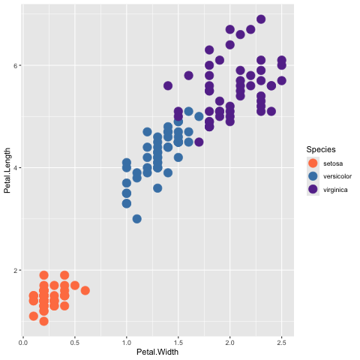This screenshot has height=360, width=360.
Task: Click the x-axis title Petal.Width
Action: coord(157,352)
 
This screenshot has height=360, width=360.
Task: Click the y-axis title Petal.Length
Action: coord(7,170)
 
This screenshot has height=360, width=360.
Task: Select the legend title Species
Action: coord(321,149)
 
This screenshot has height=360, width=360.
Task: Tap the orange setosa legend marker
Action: coord(313,163)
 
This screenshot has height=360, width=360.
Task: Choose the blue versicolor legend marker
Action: coord(313,176)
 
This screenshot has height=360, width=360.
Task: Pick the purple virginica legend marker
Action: coord(313,190)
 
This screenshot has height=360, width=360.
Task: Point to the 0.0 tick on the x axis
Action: coord(23,343)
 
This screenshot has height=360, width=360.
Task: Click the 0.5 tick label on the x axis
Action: coord(75,343)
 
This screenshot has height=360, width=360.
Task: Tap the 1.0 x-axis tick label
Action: coord(127,343)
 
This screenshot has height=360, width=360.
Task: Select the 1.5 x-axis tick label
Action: coord(178,343)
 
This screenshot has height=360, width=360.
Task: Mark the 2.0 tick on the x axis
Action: coord(230,343)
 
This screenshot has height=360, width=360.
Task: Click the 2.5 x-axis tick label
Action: coord(282,343)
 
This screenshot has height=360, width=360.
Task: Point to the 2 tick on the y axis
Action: coord(16,270)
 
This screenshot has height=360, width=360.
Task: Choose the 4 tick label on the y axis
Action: coord(16,168)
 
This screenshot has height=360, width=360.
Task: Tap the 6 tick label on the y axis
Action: coord(16,65)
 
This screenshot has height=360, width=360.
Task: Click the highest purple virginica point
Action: coord(261,19)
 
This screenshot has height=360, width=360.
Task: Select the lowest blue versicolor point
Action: coord(136,219)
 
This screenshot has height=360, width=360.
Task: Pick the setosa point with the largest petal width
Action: coord(85,290)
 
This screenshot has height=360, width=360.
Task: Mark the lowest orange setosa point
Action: coord(43,321)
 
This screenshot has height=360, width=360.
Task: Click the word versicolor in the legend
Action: coord(337,176)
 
